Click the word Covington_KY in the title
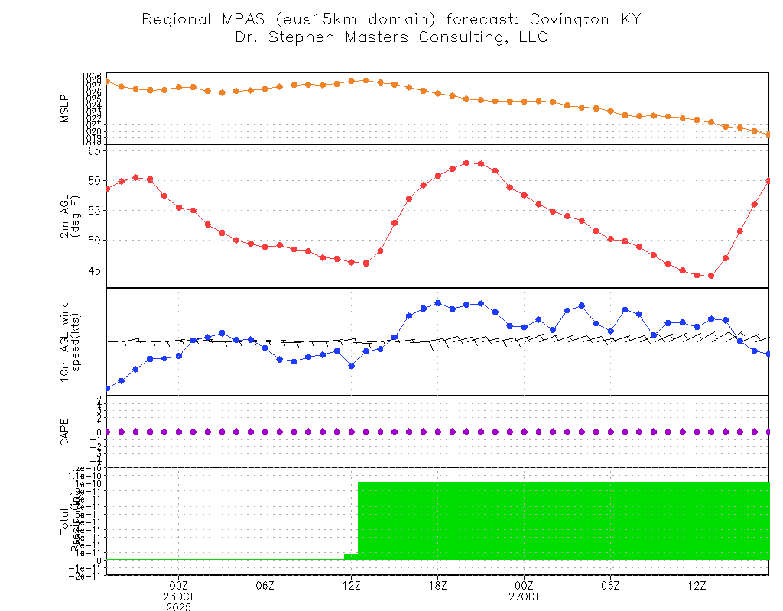pos(585,19)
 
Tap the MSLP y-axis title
pos(64,108)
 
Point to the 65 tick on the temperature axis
pos(94,150)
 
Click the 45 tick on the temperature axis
pos(94,270)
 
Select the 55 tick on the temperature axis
pos(94,210)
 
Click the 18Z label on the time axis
pos(438,586)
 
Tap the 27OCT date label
pos(524,596)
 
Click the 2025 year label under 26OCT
pos(179,606)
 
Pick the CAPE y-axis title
pos(64,432)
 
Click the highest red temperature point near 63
pos(466,163)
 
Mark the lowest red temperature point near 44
pos(711,276)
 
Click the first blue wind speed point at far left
pos(107,388)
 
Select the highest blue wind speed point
pos(438,303)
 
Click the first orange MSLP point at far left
pos(107,81)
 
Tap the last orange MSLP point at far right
pos(768,134)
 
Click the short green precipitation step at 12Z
pos(350,556)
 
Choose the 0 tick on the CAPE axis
pos(99,432)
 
